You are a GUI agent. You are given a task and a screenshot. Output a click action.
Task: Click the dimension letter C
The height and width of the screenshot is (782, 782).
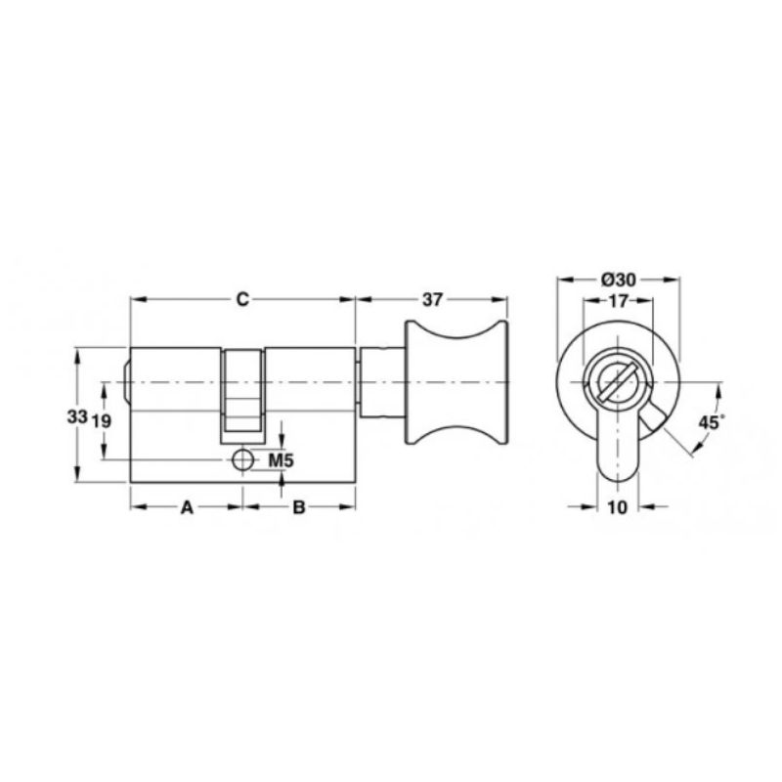point(241,300)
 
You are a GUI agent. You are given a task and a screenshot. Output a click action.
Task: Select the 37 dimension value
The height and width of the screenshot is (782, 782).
point(432,300)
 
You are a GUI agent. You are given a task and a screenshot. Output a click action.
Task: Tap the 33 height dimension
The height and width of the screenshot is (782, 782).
point(77,416)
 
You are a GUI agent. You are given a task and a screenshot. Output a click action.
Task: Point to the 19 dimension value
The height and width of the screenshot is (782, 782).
point(102,422)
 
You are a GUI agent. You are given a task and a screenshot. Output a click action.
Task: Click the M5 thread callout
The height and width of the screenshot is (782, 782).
point(282,460)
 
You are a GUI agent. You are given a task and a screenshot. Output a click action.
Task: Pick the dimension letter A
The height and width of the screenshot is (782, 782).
point(187,507)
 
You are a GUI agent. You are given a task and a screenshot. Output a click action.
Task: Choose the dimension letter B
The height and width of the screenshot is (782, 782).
point(298,507)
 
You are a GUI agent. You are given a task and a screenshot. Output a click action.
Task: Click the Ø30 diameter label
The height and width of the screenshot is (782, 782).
point(619,281)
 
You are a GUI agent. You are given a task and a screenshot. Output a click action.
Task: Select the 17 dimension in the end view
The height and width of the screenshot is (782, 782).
point(618,301)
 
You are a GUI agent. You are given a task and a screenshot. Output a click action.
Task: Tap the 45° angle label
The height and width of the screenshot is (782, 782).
point(710,422)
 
